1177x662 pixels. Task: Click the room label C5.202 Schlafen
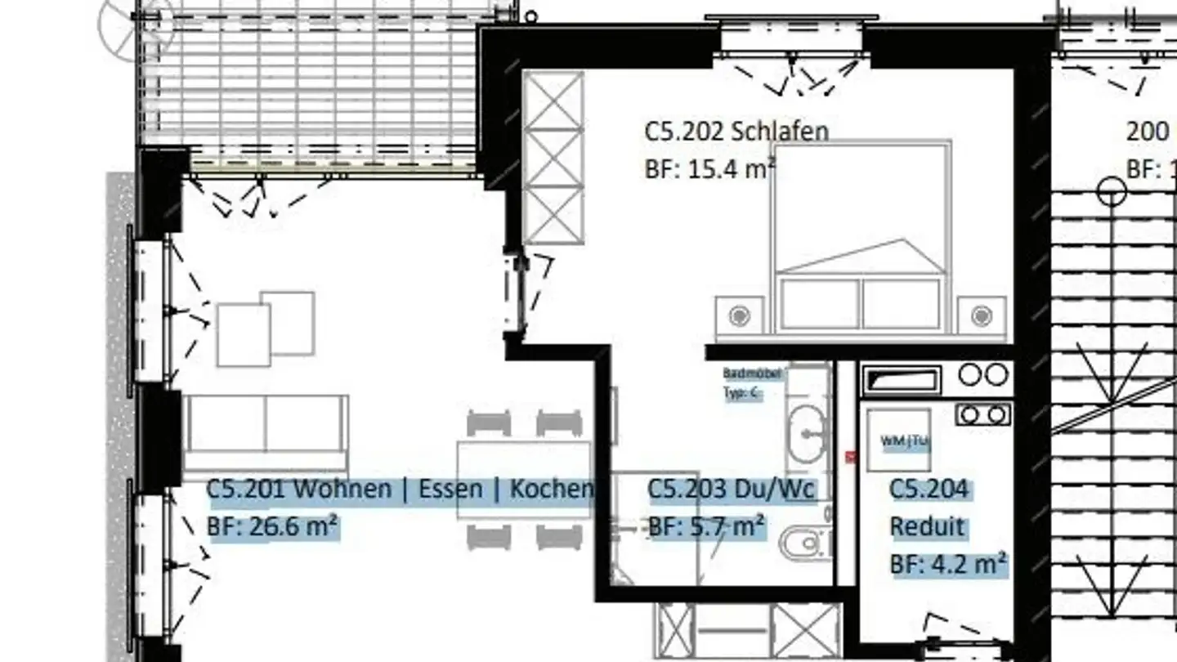[x=736, y=131]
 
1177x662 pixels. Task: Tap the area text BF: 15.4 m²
[x=709, y=170]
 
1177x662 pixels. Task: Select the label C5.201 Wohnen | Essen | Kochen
[x=400, y=489]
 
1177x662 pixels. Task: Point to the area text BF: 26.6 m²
[x=273, y=526]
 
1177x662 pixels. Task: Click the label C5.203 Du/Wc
[x=732, y=489]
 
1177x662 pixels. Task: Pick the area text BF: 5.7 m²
[x=707, y=526]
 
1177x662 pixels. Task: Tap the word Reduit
[x=927, y=526]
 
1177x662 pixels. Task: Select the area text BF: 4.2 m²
[x=948, y=564]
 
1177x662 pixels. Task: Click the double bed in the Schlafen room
[x=861, y=237]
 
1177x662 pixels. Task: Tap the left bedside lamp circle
[x=740, y=315]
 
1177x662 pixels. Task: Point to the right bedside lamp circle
[x=981, y=315]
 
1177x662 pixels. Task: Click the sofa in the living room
[x=266, y=425]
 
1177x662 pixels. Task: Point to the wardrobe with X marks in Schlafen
[x=553, y=158]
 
